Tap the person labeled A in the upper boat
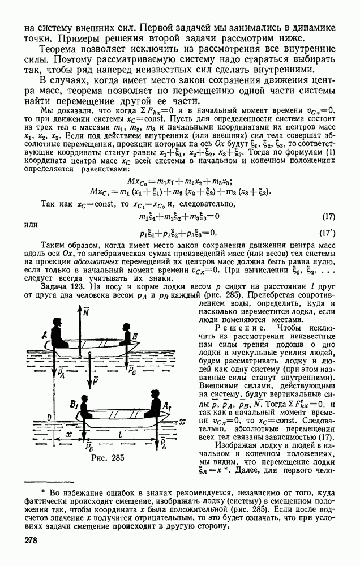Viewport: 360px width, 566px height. point(57,336)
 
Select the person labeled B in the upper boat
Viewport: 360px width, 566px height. point(125,336)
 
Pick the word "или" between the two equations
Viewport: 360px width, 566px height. point(31,225)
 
